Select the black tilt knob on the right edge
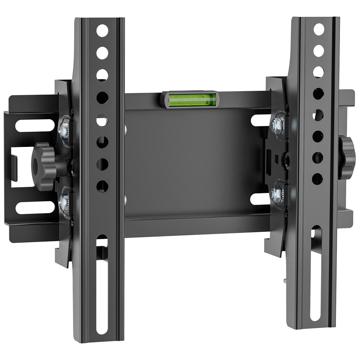tap(347, 157)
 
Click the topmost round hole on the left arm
tap(102, 31)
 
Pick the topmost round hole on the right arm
tap(319, 29)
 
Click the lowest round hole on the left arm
tap(102, 186)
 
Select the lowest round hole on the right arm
tap(317, 179)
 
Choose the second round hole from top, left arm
tap(102, 53)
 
